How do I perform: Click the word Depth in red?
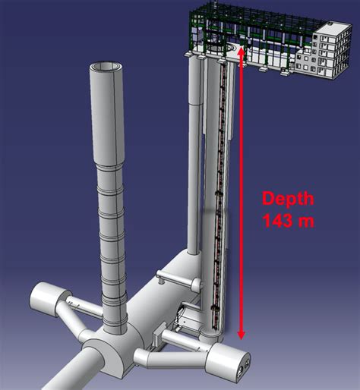coord(288,199)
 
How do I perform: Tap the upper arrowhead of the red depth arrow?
coord(242,52)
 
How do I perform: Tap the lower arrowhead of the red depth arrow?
coord(242,335)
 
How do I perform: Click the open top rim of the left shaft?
coord(106,67)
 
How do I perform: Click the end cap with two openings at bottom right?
coord(228,361)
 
